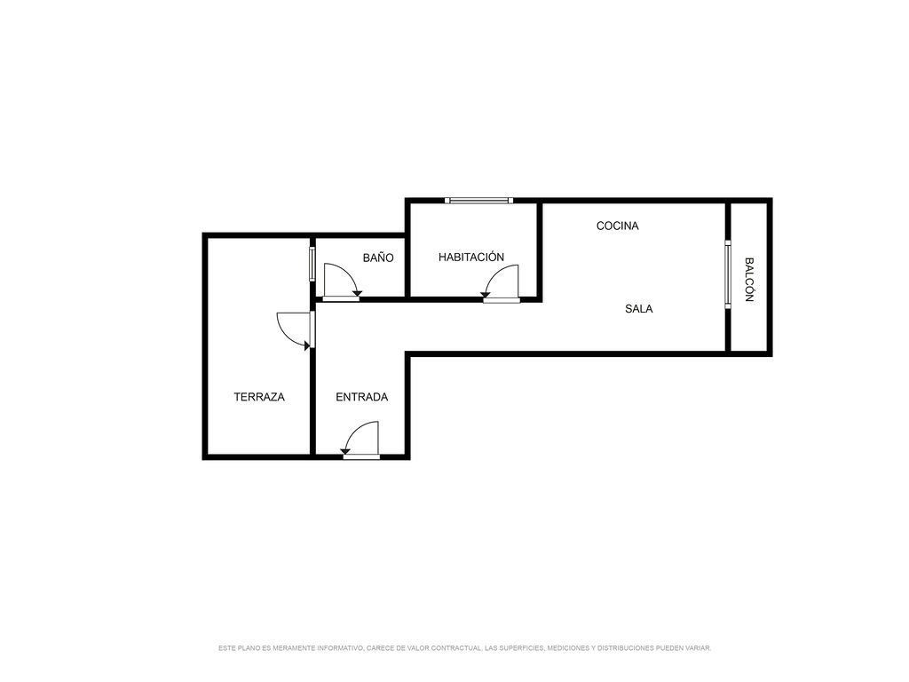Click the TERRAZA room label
click(x=259, y=397)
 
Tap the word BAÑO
click(x=378, y=258)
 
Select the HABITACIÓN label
click(x=471, y=257)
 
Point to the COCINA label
click(x=618, y=226)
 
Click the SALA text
click(x=639, y=309)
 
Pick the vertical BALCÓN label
click(x=748, y=280)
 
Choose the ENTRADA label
click(x=362, y=397)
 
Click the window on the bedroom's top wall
click(x=478, y=201)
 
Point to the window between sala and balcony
click(x=728, y=275)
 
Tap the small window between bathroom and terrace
click(x=312, y=264)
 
